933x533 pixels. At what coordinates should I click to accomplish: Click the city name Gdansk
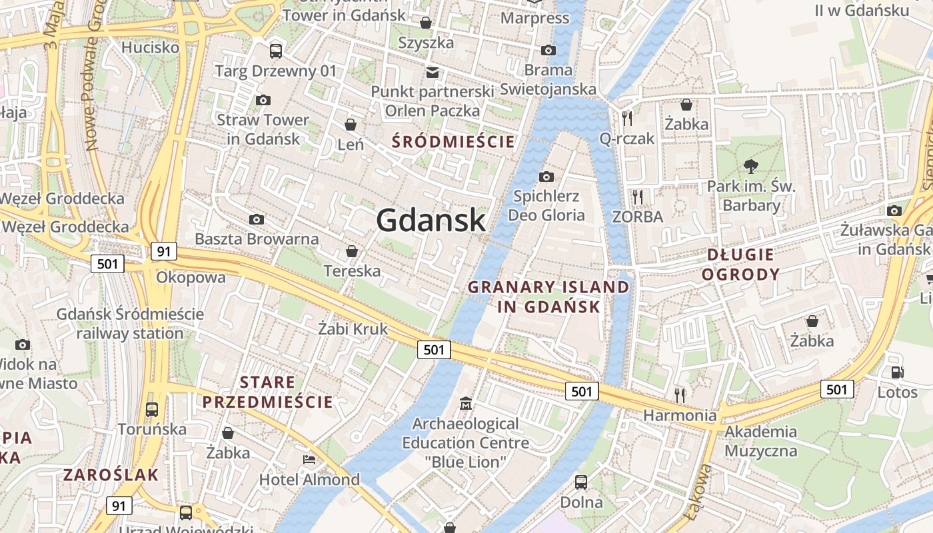(431, 220)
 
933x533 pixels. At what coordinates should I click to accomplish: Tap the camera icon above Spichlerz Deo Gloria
(546, 177)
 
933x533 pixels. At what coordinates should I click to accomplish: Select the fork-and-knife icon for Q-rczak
(626, 119)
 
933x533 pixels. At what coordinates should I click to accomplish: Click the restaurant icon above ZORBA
(638, 197)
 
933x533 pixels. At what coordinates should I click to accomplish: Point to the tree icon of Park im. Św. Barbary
(751, 167)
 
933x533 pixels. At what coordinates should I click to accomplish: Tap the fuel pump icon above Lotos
(897, 373)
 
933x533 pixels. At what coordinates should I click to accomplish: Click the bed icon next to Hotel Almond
(309, 460)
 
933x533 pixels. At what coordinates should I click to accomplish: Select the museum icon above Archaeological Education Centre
(465, 404)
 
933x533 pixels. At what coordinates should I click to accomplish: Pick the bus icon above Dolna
(581, 482)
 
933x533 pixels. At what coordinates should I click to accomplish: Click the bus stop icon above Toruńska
(152, 409)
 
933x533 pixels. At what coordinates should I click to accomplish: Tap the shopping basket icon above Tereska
(351, 251)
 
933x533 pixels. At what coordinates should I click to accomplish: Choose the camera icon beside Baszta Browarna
(256, 219)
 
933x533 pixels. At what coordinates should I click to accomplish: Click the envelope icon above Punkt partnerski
(433, 72)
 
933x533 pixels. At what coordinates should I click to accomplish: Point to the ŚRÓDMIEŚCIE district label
(453, 142)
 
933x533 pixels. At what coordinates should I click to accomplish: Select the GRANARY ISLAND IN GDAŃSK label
(548, 297)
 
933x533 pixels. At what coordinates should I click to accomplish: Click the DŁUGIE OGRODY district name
(741, 265)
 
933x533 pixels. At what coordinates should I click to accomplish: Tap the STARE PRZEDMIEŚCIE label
(267, 392)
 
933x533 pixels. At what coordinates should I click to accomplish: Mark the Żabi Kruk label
(353, 328)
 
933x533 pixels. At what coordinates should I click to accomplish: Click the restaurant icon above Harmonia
(680, 396)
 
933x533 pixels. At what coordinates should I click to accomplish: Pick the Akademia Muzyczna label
(760, 441)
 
